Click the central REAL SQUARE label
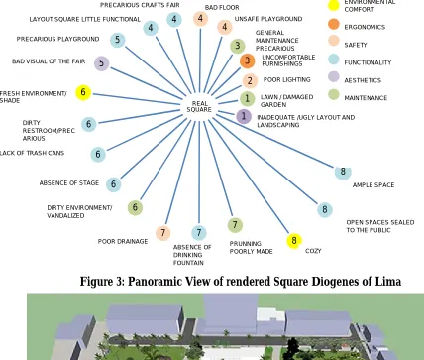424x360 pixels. tap(199, 107)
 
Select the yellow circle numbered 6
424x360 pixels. tap(83, 92)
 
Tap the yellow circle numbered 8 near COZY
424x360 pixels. tap(294, 240)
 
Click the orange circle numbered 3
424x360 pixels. tap(247, 60)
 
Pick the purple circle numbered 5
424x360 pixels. tap(102, 63)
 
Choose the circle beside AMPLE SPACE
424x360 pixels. tap(343, 172)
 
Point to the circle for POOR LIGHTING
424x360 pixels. tap(250, 81)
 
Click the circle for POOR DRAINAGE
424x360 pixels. tap(162, 233)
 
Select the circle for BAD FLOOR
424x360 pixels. tap(200, 19)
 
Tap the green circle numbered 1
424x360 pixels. tap(248, 98)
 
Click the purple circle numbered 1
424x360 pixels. tap(244, 116)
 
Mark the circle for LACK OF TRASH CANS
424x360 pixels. tap(98, 154)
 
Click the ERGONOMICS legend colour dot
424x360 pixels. tap(334, 24)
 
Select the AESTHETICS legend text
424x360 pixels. tap(363, 80)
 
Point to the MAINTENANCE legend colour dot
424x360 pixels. tap(334, 95)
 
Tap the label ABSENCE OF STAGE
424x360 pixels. tap(69, 182)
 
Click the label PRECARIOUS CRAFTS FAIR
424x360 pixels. tap(140, 5)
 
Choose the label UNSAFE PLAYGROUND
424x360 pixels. tap(268, 19)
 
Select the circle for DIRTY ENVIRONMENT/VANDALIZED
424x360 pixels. tap(135, 207)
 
